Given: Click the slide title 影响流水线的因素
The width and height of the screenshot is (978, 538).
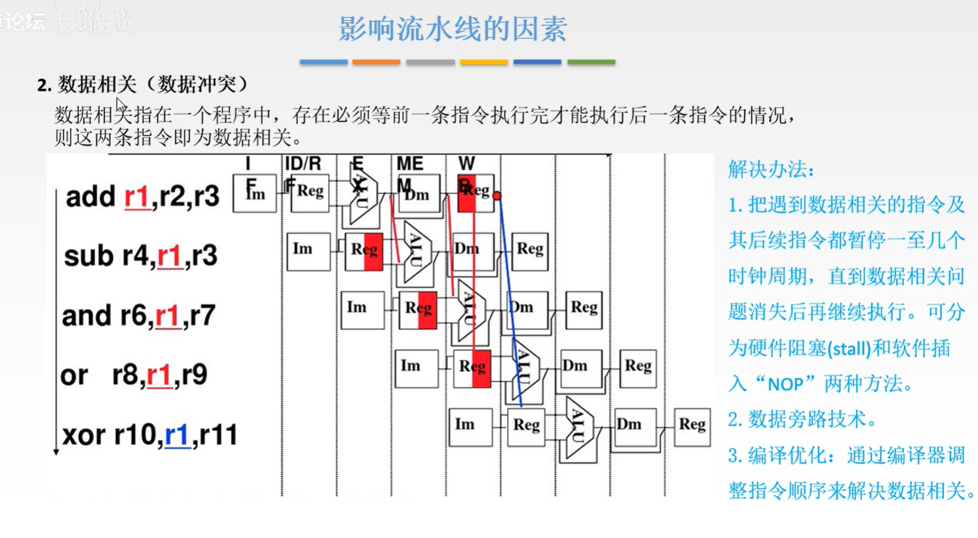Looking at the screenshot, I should pos(452,29).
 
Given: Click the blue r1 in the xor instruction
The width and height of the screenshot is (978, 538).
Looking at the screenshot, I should pos(177,435).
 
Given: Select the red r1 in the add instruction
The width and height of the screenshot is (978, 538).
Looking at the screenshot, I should pos(136,196).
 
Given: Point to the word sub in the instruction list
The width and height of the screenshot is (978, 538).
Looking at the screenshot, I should pos(88,256).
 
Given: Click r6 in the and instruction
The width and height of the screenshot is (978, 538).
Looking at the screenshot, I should pos(134,316).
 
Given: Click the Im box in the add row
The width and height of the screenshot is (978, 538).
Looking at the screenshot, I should pos(255,194).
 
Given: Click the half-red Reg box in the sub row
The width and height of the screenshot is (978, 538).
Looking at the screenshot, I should pos(364,250).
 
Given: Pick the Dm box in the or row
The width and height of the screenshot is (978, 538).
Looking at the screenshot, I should pos(580,367).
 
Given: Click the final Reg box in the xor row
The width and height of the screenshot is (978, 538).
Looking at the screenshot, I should pos(692,425).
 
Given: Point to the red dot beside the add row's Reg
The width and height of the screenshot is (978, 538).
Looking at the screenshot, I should pos(497,196).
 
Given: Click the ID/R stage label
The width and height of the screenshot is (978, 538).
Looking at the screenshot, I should pos(302,163).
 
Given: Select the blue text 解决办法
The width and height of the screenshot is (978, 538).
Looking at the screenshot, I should pos(771,169).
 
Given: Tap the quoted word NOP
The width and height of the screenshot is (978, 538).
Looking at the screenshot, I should pos(785,384).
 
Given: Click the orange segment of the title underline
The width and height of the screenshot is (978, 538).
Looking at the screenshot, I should pos(376,62).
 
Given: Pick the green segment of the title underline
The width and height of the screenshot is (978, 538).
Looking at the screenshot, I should pos(591,62).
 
